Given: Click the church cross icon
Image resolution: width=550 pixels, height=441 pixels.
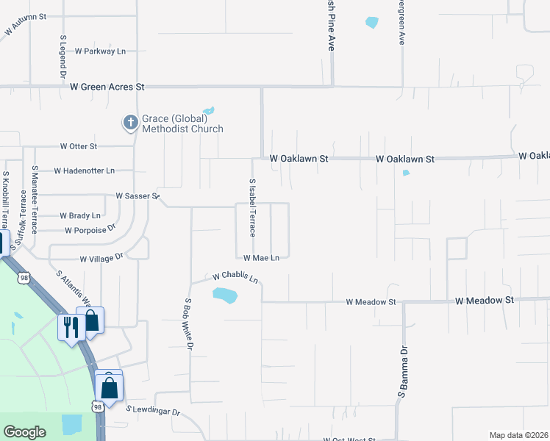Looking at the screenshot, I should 130,123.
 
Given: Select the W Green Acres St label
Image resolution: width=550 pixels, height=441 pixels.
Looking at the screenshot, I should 107,87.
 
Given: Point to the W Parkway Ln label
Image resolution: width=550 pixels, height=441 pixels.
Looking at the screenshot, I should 101,51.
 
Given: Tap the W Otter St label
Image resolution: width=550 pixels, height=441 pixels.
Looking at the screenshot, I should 79,146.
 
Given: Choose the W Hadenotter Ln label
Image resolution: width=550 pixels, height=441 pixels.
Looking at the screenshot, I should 84,171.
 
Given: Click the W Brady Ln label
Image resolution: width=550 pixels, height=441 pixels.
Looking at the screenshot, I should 80,216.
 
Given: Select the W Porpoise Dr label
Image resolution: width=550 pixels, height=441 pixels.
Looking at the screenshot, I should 90,230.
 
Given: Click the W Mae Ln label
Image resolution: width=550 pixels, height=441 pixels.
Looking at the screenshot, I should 261,258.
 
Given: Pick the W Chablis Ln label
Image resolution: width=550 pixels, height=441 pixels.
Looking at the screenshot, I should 235,278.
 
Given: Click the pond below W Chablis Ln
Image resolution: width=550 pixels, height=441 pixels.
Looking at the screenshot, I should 225,295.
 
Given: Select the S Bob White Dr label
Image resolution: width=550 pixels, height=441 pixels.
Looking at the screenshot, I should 189,323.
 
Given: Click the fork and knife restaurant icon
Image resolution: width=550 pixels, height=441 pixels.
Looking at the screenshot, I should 71,326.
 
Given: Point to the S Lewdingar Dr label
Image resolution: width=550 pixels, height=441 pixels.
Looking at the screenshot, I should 153,411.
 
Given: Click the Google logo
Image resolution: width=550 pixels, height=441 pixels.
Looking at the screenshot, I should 25,432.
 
